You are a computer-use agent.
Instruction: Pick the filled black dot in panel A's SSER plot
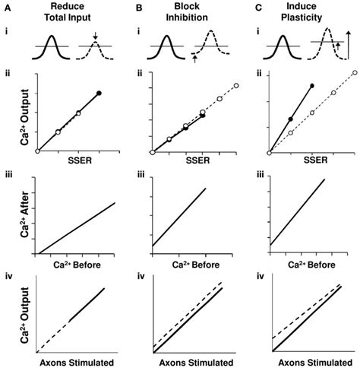[99, 93]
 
